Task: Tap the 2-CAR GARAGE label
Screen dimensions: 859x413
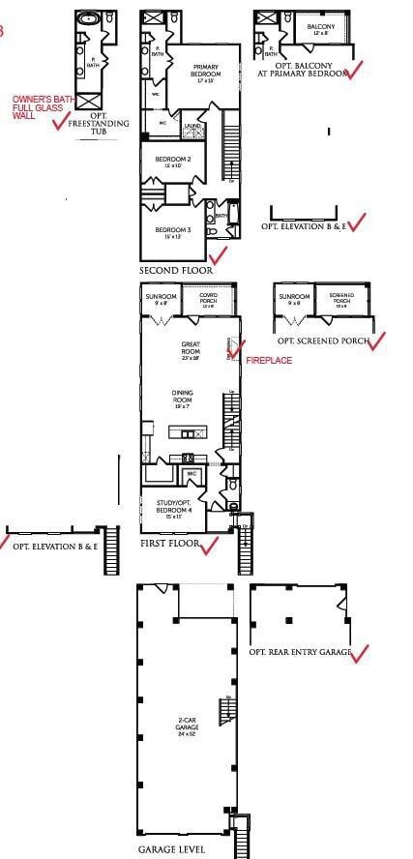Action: click(188, 724)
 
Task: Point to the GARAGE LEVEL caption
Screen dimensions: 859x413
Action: click(171, 849)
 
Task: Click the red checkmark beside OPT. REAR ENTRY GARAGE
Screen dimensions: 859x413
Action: click(360, 654)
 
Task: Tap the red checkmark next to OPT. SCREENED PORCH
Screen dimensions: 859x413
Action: click(376, 341)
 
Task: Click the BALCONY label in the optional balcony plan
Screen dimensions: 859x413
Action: click(321, 29)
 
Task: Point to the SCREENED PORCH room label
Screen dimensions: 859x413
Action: click(342, 299)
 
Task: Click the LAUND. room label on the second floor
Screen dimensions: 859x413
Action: click(192, 126)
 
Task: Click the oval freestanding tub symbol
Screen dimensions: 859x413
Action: click(89, 18)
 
